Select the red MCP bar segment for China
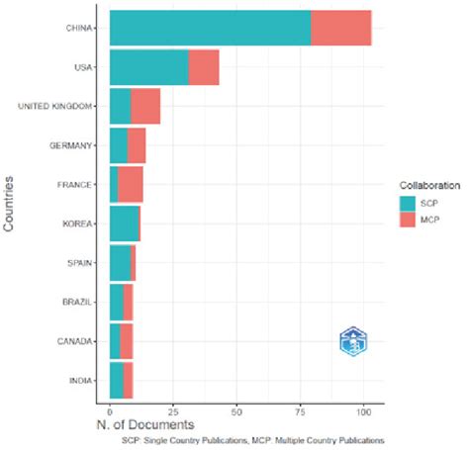(x=340, y=28)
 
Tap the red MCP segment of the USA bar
(x=203, y=67)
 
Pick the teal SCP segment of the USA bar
(x=148, y=67)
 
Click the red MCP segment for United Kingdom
(x=144, y=106)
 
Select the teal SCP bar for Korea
(x=124, y=224)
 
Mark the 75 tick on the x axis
(x=299, y=407)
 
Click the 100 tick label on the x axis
(x=362, y=407)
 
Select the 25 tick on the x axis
(x=172, y=407)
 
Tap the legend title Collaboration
(x=421, y=185)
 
